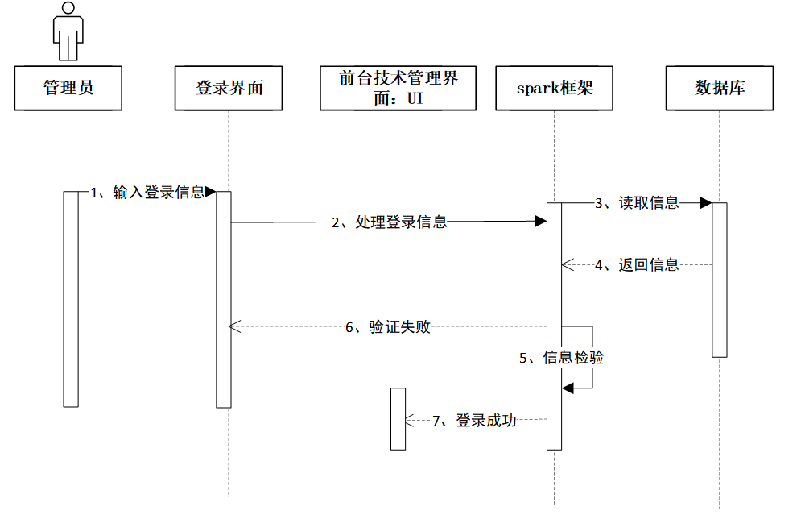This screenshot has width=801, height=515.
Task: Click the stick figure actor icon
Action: pyautogui.click(x=68, y=31)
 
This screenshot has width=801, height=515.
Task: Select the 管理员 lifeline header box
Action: pyautogui.click(x=68, y=88)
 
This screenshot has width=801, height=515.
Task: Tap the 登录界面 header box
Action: pyautogui.click(x=229, y=88)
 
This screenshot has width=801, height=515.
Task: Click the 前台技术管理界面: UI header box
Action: pyautogui.click(x=398, y=88)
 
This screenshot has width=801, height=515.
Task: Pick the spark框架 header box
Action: pyautogui.click(x=555, y=88)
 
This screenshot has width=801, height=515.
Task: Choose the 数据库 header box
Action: pyautogui.click(x=719, y=88)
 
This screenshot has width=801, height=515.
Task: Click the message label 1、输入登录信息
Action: pyautogui.click(x=147, y=193)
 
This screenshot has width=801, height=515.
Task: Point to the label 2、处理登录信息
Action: pyautogui.click(x=390, y=222)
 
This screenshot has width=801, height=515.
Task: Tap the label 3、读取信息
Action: pyautogui.click(x=637, y=202)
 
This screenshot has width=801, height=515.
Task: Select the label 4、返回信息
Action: pyautogui.click(x=637, y=264)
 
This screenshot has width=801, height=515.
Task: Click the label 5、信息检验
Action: pyautogui.click(x=561, y=358)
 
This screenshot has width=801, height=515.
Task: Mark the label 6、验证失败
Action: pyautogui.click(x=388, y=326)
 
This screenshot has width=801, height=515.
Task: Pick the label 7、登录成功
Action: pyautogui.click(x=475, y=421)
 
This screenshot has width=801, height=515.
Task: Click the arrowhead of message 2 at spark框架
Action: pyautogui.click(x=541, y=222)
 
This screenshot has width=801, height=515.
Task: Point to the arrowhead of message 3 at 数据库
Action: pyautogui.click(x=706, y=202)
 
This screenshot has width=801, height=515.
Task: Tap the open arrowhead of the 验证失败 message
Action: pyautogui.click(x=234, y=326)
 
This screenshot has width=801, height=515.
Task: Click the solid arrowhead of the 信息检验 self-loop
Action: pyautogui.click(x=568, y=388)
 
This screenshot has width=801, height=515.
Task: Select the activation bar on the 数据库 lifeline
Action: pyautogui.click(x=719, y=280)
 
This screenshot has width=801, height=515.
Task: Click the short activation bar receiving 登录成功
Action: pyautogui.click(x=398, y=419)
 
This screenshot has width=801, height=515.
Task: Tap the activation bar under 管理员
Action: pyautogui.click(x=71, y=299)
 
